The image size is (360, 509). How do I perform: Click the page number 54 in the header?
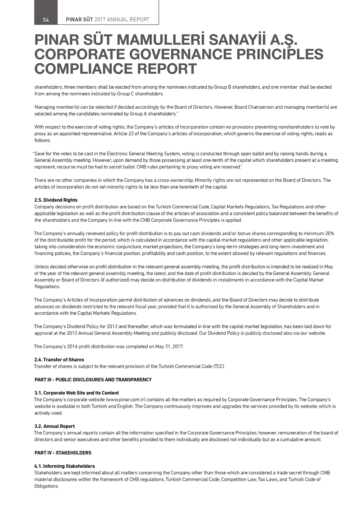(x=46, y=20)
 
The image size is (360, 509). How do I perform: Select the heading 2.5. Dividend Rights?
(x=56, y=200)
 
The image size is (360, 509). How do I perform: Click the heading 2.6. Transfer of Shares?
(x=59, y=360)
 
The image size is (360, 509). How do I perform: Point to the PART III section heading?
(x=93, y=380)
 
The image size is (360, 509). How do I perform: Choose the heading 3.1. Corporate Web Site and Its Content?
(x=77, y=393)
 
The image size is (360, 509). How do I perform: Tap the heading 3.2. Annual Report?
(x=55, y=426)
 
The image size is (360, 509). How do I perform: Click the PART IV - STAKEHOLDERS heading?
(x=63, y=453)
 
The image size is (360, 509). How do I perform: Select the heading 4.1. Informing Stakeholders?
(x=65, y=466)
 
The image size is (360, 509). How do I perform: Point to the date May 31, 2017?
(x=169, y=347)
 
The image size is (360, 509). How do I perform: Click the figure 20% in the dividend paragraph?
(x=329, y=234)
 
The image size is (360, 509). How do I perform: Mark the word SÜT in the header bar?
(x=87, y=20)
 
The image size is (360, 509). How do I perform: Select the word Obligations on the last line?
(x=46, y=486)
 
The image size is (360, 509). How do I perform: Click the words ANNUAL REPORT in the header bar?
(x=128, y=20)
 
